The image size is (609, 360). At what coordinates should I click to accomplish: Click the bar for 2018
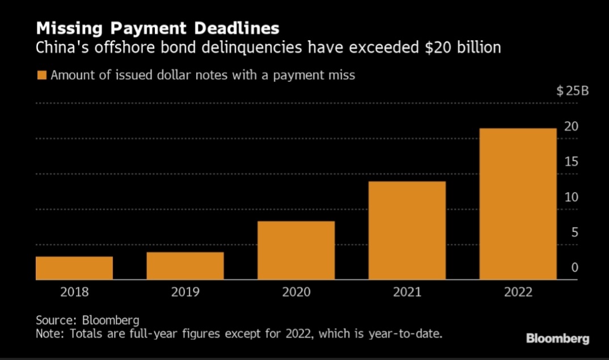(x=74, y=268)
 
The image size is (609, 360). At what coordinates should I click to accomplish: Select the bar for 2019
(x=185, y=266)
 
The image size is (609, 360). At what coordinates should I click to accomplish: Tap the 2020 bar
(x=296, y=251)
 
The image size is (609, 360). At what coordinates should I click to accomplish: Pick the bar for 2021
(x=407, y=230)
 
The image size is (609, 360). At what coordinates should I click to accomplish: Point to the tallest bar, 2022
(x=518, y=204)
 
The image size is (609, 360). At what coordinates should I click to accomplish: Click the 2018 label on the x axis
(x=74, y=293)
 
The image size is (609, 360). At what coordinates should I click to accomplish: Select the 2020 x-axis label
(x=296, y=293)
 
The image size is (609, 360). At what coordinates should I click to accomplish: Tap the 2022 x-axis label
(x=518, y=293)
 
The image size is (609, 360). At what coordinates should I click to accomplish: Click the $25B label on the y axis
(x=573, y=91)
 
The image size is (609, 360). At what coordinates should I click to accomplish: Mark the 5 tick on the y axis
(x=574, y=232)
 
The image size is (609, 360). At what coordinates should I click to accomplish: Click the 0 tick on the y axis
(x=574, y=268)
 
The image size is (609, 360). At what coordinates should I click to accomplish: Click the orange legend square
(x=41, y=75)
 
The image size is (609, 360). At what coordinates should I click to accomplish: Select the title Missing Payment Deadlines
(x=158, y=28)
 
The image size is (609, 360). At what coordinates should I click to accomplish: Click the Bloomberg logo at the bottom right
(x=557, y=339)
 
